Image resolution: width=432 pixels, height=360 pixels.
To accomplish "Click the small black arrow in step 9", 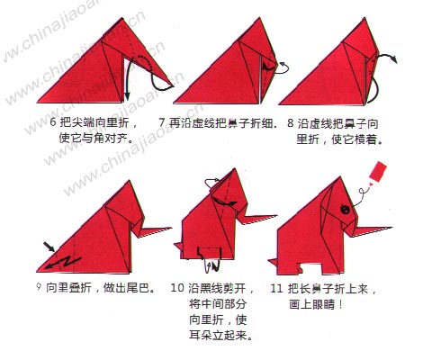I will [x=46, y=245].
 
